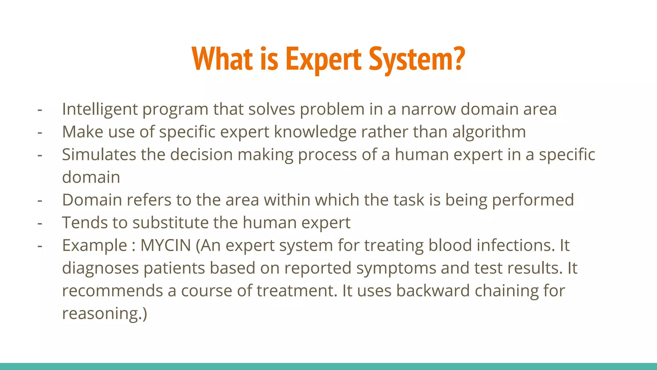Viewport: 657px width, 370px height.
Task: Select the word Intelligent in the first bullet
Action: click(100, 110)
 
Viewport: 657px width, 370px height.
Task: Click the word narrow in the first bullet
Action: click(428, 109)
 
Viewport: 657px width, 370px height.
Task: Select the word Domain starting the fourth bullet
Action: click(92, 200)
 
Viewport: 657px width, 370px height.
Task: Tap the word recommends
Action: click(112, 291)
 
